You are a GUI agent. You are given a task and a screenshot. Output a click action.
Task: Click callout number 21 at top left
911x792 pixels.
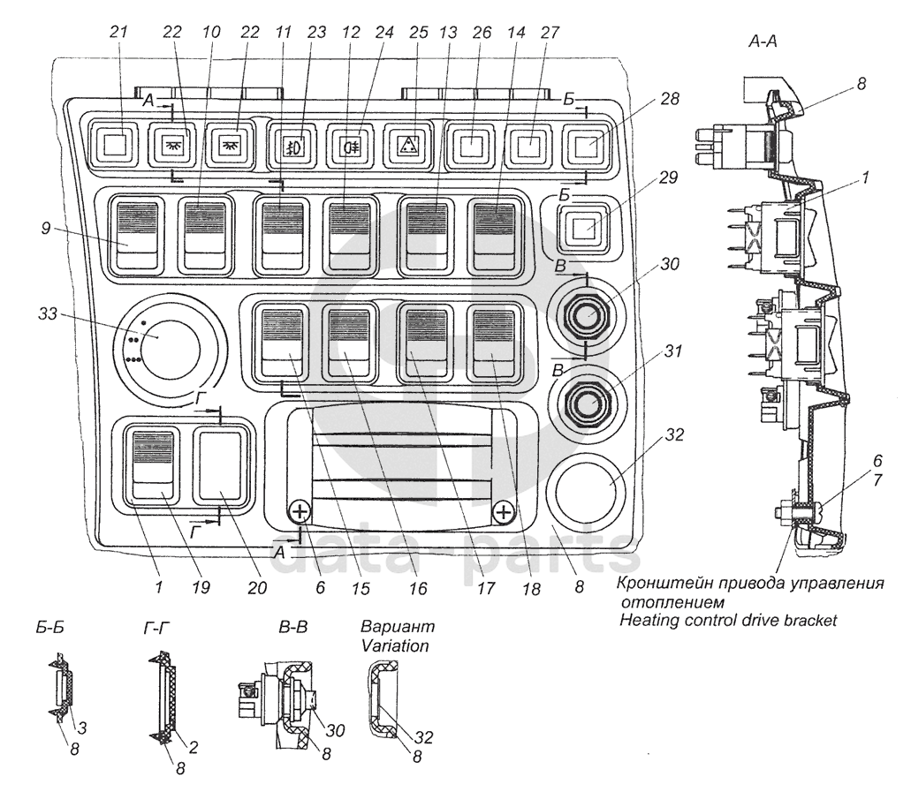(118, 33)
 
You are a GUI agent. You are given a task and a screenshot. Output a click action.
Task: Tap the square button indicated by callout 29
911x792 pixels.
(582, 228)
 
